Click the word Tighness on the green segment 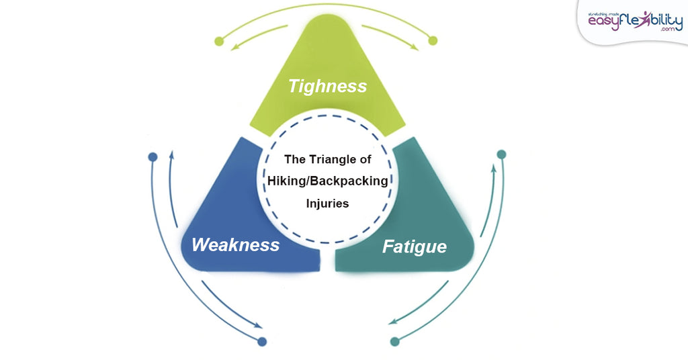(327, 87)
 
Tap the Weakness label (235, 244)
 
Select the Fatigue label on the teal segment (414, 246)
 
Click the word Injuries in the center (327, 203)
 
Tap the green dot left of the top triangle (219, 42)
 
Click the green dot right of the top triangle (433, 41)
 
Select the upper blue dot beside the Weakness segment (153, 158)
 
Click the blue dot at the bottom (262, 341)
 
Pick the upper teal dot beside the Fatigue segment (501, 155)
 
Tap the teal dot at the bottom (395, 341)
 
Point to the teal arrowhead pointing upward (494, 167)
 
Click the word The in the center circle (295, 160)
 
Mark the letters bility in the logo (664, 21)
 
